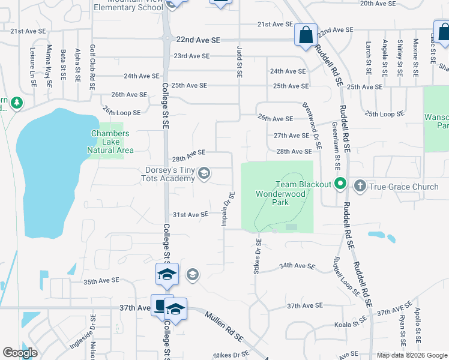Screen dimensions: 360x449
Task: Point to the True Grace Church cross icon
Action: (360, 187)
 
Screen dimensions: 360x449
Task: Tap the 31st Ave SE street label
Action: (190, 214)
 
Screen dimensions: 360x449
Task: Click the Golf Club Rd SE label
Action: (92, 67)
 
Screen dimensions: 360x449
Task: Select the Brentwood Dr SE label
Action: (312, 124)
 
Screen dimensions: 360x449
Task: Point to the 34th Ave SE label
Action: (297, 266)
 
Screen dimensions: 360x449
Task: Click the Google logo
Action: (20, 353)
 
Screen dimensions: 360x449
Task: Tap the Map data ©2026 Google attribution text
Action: (411, 355)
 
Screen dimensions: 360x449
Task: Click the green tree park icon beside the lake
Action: (16, 103)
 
